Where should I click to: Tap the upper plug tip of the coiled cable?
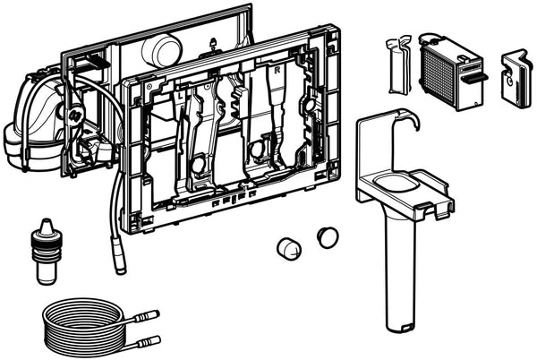pyautogui.click(x=153, y=315)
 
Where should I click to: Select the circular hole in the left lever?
pyautogui.click(x=196, y=166)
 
